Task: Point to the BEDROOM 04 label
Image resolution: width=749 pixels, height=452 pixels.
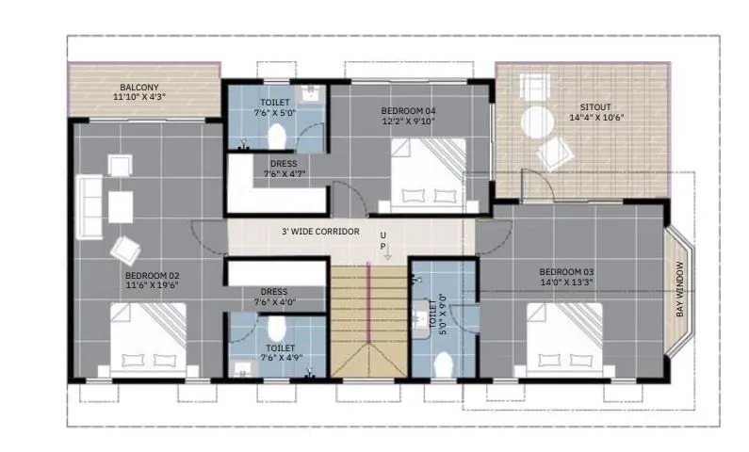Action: (408, 110)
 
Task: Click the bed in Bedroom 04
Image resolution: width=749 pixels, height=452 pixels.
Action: (428, 170)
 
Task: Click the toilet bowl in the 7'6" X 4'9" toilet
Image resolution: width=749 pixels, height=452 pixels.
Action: (276, 330)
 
